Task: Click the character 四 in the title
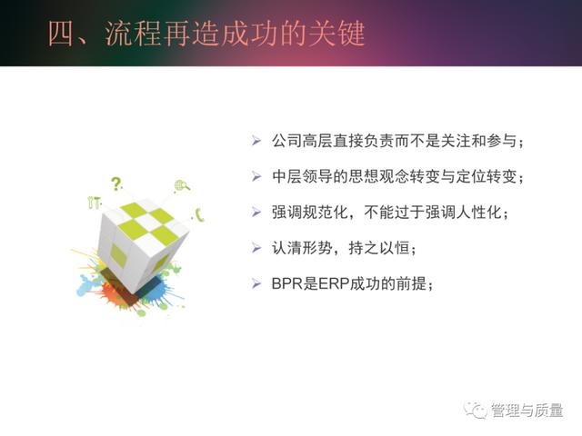coord(61,34)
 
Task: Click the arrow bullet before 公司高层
coord(256,141)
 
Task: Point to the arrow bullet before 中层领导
coord(256,176)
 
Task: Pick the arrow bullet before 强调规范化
coord(256,213)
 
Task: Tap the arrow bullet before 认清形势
coord(256,248)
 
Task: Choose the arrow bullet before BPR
coord(256,283)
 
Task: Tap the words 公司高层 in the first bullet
coord(302,142)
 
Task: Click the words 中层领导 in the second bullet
coord(302,177)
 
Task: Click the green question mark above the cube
coord(116,183)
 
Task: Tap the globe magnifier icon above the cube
coord(182,185)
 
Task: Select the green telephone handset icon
coord(200,214)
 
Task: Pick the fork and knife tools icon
coord(95,203)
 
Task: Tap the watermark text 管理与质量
coord(527,411)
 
